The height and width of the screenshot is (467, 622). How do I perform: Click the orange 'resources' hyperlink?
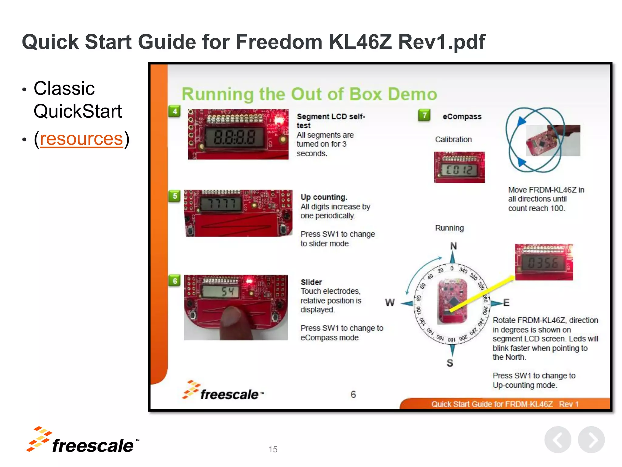point(81,139)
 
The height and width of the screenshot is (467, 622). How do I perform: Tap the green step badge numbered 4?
point(175,112)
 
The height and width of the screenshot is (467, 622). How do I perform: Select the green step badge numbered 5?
point(175,196)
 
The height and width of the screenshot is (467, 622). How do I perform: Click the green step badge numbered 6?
point(175,281)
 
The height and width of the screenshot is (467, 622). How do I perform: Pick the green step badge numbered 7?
point(424,116)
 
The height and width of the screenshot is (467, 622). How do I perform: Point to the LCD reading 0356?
point(543,263)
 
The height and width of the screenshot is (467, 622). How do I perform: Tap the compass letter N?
point(453,246)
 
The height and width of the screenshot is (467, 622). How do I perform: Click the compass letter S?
point(450,363)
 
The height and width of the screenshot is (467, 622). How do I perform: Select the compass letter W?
point(390,303)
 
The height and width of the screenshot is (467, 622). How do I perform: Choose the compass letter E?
point(506,303)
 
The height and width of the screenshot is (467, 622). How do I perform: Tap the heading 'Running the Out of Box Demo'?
point(309,94)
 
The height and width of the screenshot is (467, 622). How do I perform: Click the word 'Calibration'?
point(453,140)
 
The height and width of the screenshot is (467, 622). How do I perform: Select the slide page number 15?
point(273,449)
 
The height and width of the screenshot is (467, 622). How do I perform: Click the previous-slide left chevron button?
point(558,440)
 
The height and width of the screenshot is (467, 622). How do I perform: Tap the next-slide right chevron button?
point(591,440)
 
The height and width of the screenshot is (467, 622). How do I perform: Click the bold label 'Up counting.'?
point(324,197)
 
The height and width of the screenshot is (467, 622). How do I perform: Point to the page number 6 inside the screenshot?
point(353,395)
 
